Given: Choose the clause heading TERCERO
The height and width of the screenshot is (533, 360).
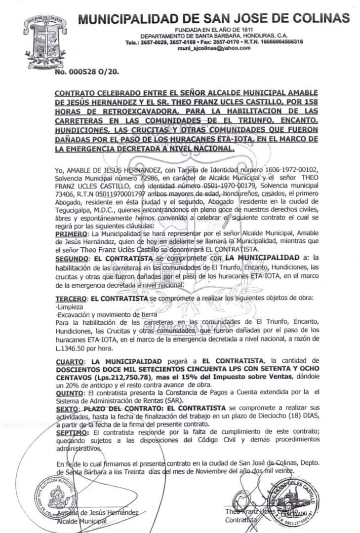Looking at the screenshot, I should (x=69, y=299).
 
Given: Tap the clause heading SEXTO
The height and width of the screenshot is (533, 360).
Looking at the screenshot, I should (x=66, y=409).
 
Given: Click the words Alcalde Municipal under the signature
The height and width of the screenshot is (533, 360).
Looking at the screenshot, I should (x=81, y=521).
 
